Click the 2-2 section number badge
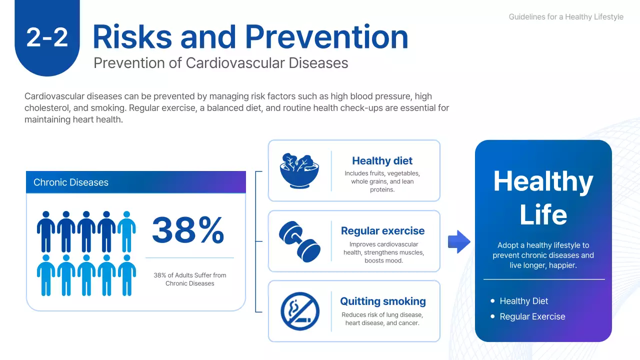pyautogui.click(x=47, y=38)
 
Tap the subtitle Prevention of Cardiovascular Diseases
pyautogui.click(x=220, y=63)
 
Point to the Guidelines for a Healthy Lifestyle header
pyautogui.click(x=566, y=17)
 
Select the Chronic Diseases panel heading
pyautogui.click(x=71, y=182)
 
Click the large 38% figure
pyautogui.click(x=188, y=230)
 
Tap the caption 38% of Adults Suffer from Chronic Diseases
pyautogui.click(x=190, y=279)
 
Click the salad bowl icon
pyautogui.click(x=299, y=170)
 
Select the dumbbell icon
pyautogui.click(x=299, y=241)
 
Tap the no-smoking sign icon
pyautogui.click(x=299, y=311)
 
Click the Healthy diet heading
pyautogui.click(x=382, y=161)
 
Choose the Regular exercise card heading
pyautogui.click(x=382, y=231)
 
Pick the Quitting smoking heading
pyautogui.click(x=383, y=301)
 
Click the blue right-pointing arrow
pyautogui.click(x=459, y=242)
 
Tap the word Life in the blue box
pyautogui.click(x=543, y=215)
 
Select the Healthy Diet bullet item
pyautogui.click(x=523, y=301)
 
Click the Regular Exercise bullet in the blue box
pyautogui.click(x=532, y=316)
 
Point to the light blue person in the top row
pyautogui.click(x=126, y=231)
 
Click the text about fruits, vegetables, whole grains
pyautogui.click(x=382, y=181)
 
